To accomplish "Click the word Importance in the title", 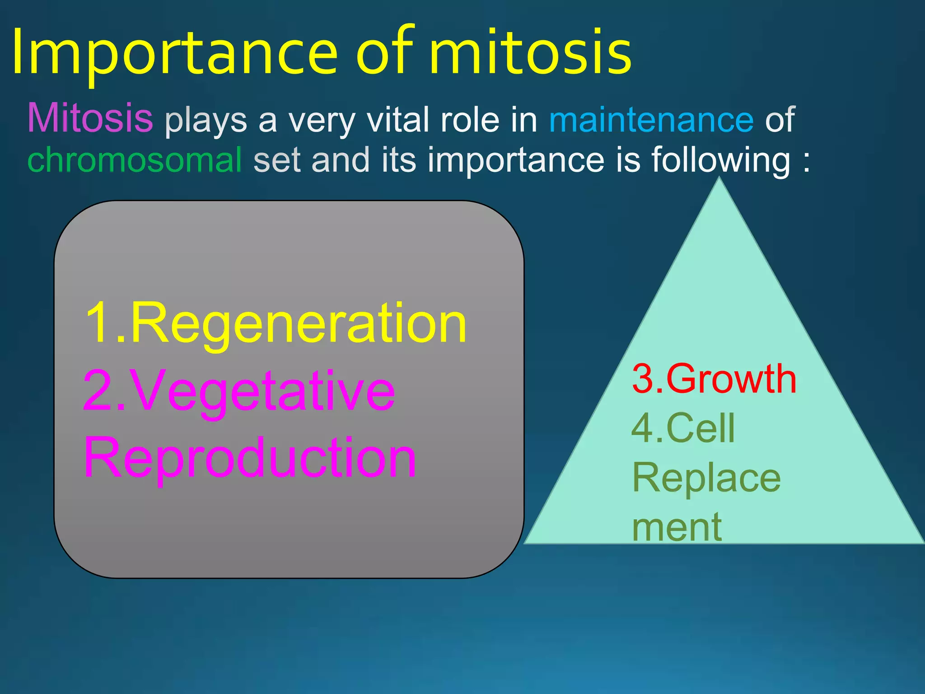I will click(174, 53).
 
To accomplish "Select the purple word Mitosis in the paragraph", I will click(90, 118).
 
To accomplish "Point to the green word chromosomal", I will click(135, 160).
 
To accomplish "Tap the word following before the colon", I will click(720, 160).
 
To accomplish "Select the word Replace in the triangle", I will click(706, 478).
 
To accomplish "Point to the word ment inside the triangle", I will click(676, 527).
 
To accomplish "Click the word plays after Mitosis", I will click(206, 121).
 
